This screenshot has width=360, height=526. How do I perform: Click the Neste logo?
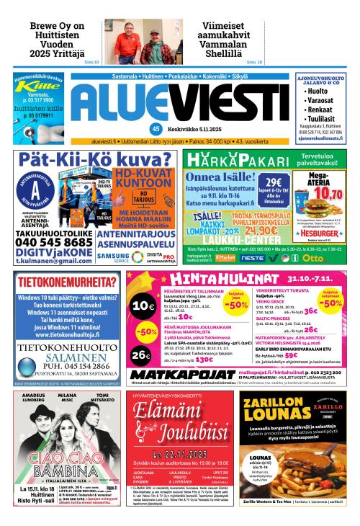click(253, 257)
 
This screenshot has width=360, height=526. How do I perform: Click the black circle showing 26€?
click(142, 355)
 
